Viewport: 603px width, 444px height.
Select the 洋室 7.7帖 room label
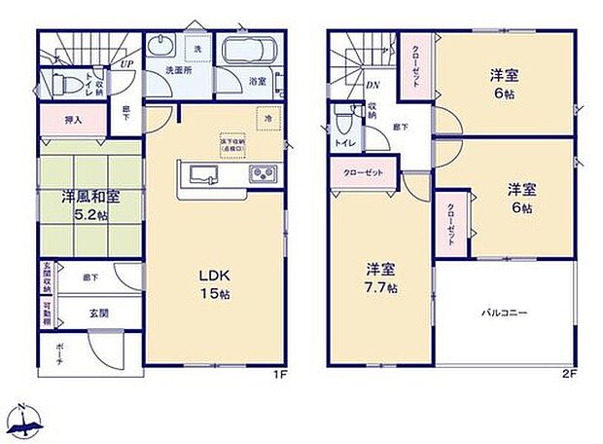click(379, 278)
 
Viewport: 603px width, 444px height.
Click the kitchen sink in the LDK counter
click(204, 175)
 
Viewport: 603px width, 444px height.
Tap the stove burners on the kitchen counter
click(263, 175)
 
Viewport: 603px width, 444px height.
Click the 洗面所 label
click(175, 70)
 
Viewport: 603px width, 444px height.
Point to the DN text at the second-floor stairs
click(372, 85)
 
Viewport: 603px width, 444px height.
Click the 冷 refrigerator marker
click(268, 118)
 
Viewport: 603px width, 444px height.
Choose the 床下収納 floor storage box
click(232, 143)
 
